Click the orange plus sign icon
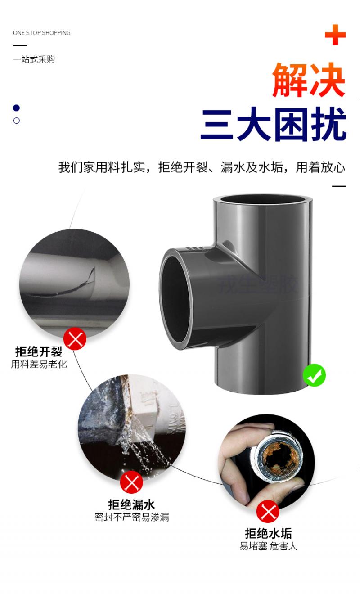(335, 35)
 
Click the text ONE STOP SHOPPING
(41, 33)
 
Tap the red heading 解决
(309, 80)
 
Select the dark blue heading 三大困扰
(273, 124)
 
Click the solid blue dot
(17, 108)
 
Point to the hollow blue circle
(17, 121)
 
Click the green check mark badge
(314, 375)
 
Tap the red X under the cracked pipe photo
(75, 339)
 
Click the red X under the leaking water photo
(131, 482)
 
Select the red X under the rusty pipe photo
(268, 512)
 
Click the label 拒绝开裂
(39, 352)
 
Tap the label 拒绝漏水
(131, 504)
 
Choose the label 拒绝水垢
(268, 534)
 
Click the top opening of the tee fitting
(262, 199)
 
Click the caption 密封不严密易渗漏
(132, 517)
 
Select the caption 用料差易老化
(39, 364)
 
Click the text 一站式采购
(34, 59)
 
